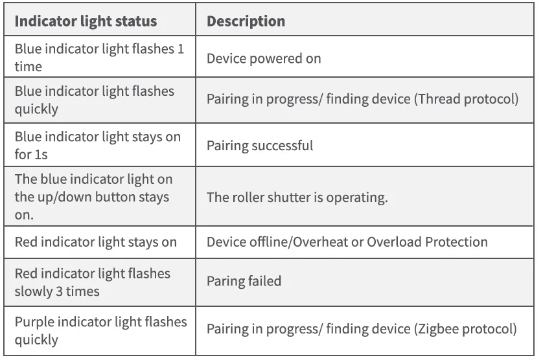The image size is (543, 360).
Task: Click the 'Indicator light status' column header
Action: (x=86, y=21)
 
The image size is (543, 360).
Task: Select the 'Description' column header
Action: (x=246, y=21)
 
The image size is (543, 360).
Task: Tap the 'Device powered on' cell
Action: (x=263, y=58)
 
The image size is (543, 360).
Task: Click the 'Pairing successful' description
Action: (x=259, y=146)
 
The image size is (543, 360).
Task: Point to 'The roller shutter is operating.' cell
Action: (x=297, y=197)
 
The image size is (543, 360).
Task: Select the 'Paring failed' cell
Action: (x=244, y=282)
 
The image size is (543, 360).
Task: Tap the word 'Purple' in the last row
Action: (x=34, y=322)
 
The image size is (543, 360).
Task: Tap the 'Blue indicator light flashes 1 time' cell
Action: (x=97, y=58)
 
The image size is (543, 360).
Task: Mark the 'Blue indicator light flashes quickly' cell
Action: (x=95, y=100)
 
